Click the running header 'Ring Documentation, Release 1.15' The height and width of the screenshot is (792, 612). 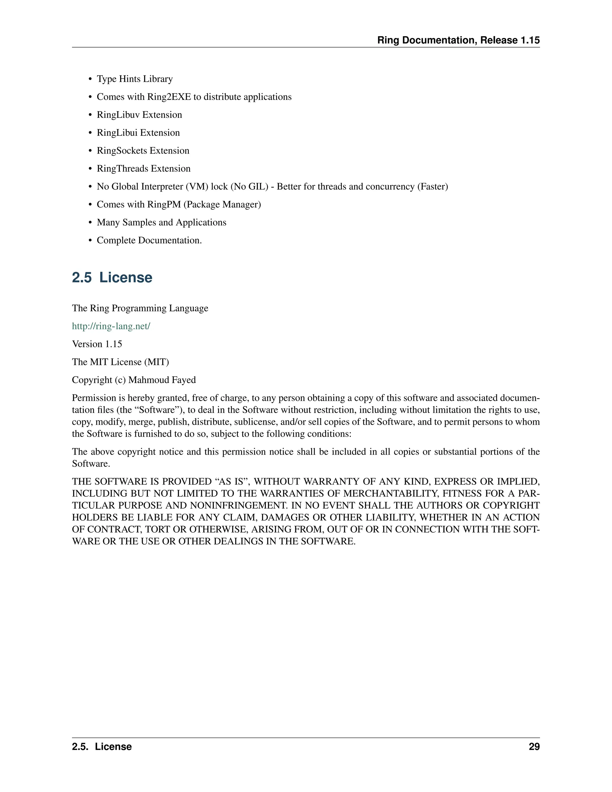click(x=458, y=40)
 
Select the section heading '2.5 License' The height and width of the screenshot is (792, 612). click(x=112, y=277)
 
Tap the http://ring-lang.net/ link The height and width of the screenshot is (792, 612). click(x=111, y=326)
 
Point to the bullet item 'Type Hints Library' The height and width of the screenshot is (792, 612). click(x=134, y=79)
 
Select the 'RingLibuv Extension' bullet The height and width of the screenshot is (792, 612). click(x=139, y=115)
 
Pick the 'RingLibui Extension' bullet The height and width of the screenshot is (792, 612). click(x=138, y=133)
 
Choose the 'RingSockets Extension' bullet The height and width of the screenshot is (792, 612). click(x=143, y=151)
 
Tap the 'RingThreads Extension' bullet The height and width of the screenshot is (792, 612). click(x=143, y=169)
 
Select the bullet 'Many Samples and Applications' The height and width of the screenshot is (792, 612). click(x=161, y=222)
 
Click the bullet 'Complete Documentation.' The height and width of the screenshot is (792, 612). click(x=149, y=240)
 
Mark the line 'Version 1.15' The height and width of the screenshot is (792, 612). click(x=97, y=344)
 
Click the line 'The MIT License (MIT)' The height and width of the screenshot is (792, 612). click(x=120, y=362)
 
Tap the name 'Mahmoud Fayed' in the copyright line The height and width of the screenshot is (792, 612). click(x=162, y=380)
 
